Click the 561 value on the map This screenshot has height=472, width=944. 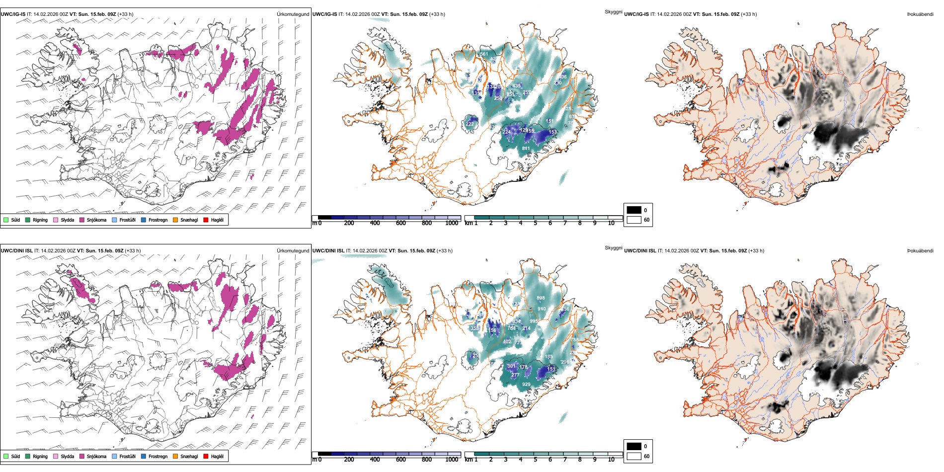coord(484,54)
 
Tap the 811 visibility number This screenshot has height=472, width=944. coord(526,149)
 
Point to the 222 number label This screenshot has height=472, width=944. coord(470,124)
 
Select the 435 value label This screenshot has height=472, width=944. coord(517,86)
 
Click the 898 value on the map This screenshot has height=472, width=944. coord(541,298)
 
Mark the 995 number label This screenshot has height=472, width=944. coord(534,321)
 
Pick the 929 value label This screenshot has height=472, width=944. coord(526,385)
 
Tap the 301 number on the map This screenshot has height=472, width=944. coord(511,366)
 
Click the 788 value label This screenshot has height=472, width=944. coord(574,340)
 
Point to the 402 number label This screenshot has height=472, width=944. coord(507,342)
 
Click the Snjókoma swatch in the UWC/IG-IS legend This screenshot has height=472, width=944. coord(82,220)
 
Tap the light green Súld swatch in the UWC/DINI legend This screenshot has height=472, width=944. coord(6,456)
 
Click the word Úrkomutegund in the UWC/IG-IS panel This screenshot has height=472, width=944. coord(293,14)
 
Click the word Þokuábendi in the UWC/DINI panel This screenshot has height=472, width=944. coord(920,251)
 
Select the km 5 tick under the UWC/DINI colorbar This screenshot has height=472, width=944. coord(535,460)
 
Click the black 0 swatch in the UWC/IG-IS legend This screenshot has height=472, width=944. coord(634,210)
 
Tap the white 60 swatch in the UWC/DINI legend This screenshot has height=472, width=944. coord(634,456)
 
